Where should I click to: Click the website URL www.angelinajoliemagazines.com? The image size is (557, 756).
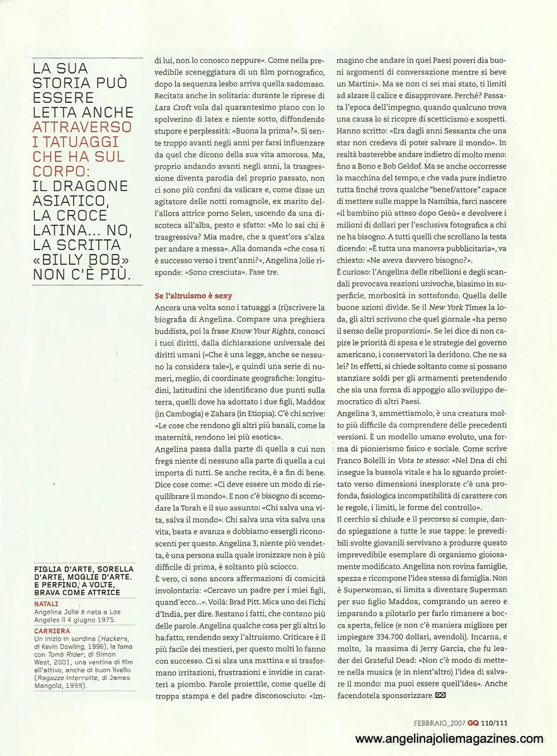point(449,739)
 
